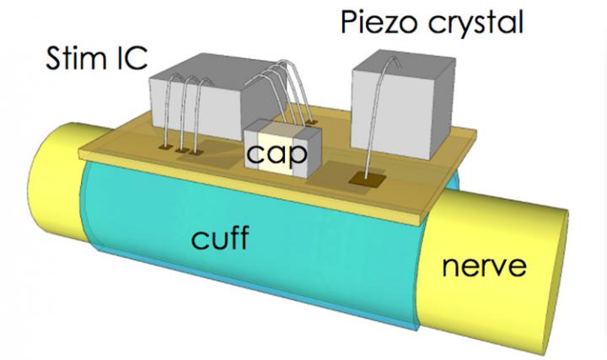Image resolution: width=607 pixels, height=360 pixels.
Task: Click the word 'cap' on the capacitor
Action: (273, 154)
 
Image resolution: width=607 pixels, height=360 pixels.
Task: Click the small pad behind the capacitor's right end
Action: (313, 123)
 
